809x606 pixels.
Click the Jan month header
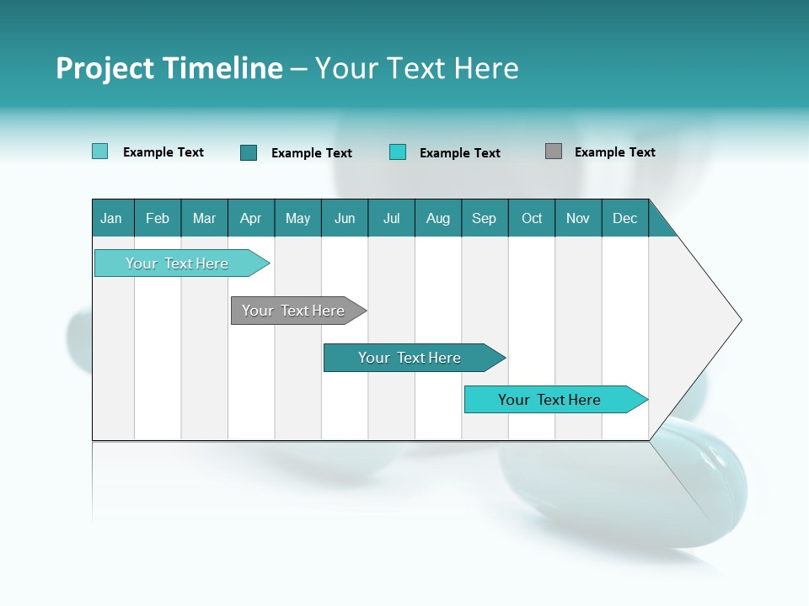coord(112,218)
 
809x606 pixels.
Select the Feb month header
coord(158,218)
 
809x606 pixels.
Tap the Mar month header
coord(204,218)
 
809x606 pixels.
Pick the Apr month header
coord(251,218)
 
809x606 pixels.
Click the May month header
coord(297,218)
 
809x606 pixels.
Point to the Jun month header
coord(345,218)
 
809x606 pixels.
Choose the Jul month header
coord(391,218)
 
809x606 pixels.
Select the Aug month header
coord(438,218)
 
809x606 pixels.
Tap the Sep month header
coord(485,218)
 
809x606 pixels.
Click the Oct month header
coord(532,218)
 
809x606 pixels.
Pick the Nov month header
coord(578,218)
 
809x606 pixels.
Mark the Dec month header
coord(625,218)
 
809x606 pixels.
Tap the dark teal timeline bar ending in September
coord(410,358)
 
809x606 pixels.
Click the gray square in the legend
coord(554,151)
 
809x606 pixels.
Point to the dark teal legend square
coord(249,152)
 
